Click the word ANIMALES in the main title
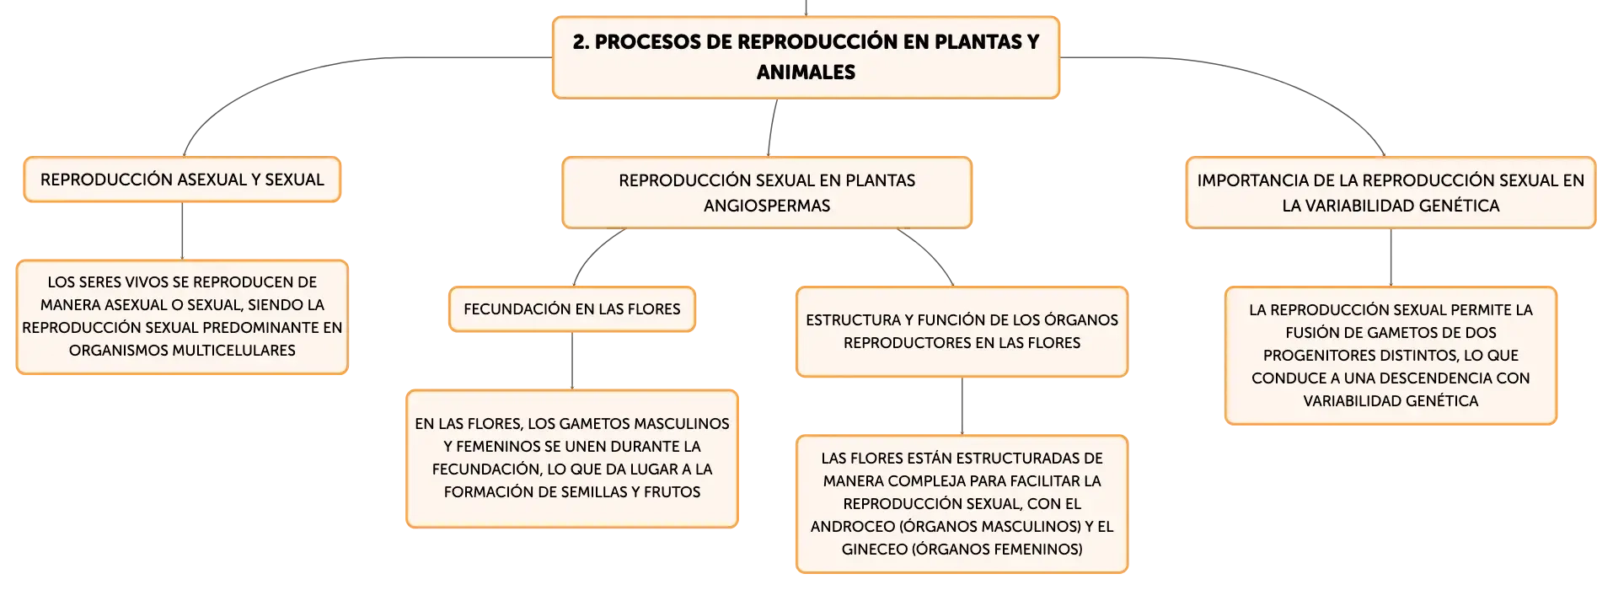[806, 72]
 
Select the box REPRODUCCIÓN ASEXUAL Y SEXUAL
[182, 180]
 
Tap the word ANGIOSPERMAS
[767, 206]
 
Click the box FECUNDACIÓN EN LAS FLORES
[572, 309]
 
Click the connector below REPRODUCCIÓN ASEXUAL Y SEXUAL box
[182, 231]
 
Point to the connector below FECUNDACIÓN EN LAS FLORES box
[572, 361]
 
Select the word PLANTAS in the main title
[978, 42]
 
